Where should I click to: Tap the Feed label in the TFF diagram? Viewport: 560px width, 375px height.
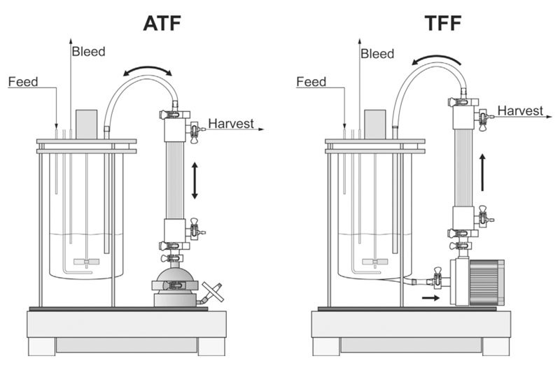311,82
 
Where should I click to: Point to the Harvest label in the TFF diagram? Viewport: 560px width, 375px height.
520,111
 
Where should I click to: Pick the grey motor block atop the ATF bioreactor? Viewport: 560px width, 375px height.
86,124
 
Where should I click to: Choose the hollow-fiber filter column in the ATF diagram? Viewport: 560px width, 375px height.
174,178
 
